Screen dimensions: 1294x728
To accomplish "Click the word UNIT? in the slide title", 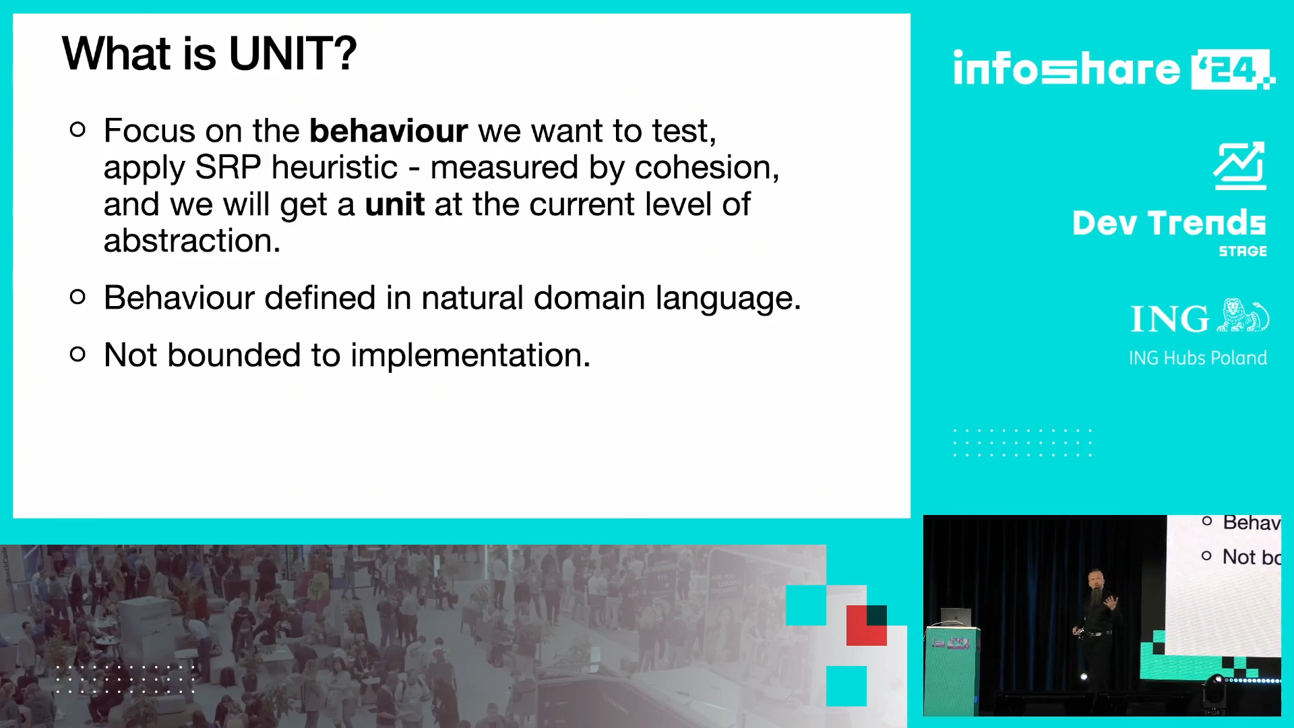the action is click(292, 53).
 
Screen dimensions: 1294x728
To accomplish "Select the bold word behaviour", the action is click(388, 130).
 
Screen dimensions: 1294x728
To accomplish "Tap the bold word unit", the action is click(394, 204).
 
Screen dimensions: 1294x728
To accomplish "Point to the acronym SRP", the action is click(228, 167).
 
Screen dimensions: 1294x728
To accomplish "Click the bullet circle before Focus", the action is click(78, 129).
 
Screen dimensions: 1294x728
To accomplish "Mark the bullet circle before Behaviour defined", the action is click(78, 297).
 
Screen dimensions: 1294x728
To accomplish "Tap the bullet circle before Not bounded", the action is click(78, 354).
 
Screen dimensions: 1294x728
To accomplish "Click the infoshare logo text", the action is click(1066, 68).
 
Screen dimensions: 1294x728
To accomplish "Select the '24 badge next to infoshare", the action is click(1231, 69).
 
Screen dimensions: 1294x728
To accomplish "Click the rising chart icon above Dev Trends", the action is click(1239, 166).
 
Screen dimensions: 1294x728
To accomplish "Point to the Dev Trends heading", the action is click(1169, 223).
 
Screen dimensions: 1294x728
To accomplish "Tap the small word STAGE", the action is click(1243, 251).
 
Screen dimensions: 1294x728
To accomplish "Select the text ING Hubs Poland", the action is click(1198, 358).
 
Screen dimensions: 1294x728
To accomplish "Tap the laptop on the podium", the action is click(956, 617).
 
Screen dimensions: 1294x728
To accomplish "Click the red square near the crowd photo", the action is click(867, 626).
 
